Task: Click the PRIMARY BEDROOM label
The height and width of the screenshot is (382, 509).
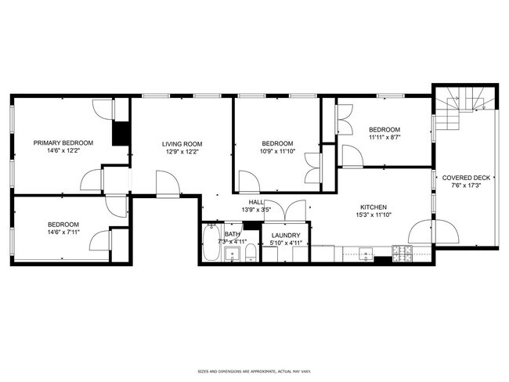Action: coord(63,142)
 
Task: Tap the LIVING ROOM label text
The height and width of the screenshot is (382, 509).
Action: coord(182,144)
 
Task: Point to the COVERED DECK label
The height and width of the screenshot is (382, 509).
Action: coord(466,178)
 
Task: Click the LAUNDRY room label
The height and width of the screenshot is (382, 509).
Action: coord(286,235)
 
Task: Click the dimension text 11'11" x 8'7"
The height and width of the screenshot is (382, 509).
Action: coord(384,139)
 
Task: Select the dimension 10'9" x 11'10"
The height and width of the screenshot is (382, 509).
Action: coord(277,153)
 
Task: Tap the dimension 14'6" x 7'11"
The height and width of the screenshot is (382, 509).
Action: coord(63,232)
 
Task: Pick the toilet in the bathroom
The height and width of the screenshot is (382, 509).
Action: coord(248,253)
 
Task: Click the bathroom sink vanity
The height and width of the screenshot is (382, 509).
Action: coord(232,253)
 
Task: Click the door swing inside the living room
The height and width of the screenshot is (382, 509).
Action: coord(167,185)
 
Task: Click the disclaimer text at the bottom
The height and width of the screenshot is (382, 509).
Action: coord(254,370)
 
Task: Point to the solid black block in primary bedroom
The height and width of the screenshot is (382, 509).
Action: coord(121,133)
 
